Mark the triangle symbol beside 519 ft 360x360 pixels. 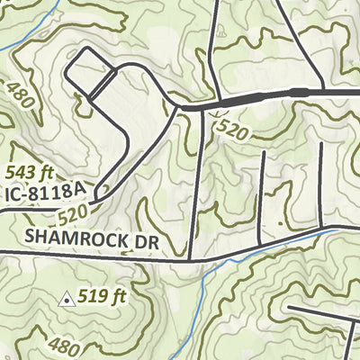pyautogui.click(x=66, y=298)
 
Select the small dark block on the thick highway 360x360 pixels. pyautogui.click(x=297, y=93)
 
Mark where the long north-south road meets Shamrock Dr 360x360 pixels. pyautogui.click(x=192, y=260)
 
